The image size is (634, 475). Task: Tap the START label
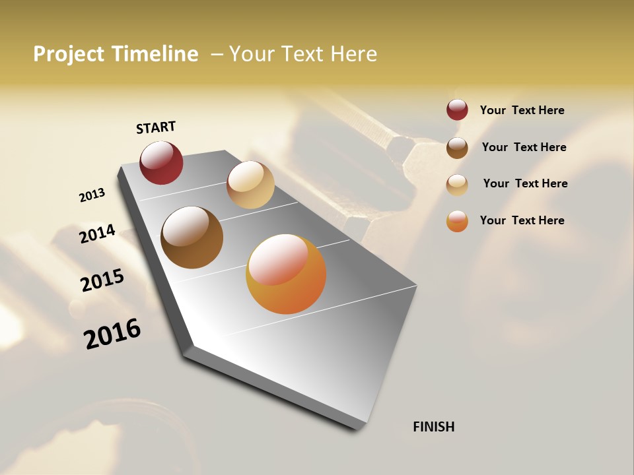point(156,127)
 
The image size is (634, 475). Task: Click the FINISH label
point(434,427)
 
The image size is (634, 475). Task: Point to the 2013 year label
point(92,195)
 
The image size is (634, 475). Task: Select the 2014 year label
point(98,234)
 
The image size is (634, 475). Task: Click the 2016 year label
point(112,333)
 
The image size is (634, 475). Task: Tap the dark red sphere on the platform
point(161,163)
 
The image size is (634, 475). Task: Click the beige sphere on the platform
point(250,185)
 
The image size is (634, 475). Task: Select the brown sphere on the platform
point(192,237)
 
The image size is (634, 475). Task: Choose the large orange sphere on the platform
point(286,274)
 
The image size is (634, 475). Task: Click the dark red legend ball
point(457,110)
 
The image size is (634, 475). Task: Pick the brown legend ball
point(457,148)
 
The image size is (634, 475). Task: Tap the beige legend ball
point(457,184)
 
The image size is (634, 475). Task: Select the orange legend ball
point(457,221)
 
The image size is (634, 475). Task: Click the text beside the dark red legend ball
point(522,111)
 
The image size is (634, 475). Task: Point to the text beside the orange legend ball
point(522,220)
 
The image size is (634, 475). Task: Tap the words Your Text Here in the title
point(303,54)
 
